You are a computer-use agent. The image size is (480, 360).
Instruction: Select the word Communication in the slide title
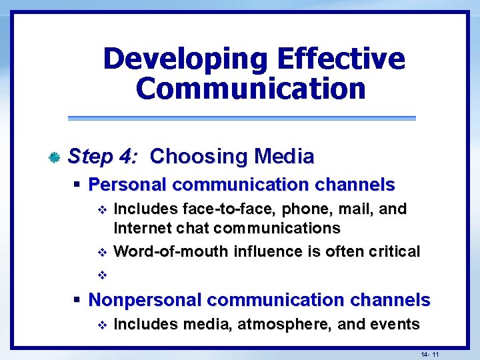[251, 88]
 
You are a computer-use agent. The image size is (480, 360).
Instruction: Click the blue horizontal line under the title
[241, 118]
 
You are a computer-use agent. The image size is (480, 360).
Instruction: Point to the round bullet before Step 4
[55, 157]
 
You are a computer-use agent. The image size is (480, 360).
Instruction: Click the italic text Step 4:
[103, 157]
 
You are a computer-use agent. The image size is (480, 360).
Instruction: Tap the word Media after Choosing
[283, 157]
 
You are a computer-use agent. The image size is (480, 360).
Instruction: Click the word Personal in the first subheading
[127, 184]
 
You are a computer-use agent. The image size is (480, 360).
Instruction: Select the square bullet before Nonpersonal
[77, 300]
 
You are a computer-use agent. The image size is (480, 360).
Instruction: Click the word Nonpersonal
[155, 300]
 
